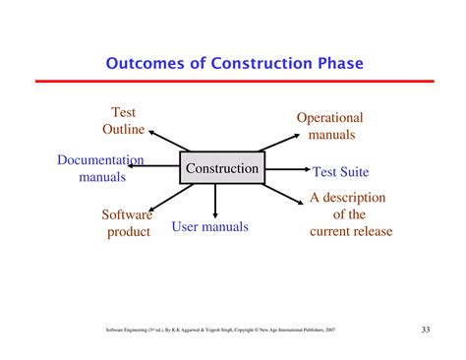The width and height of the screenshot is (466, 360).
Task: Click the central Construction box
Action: pos(222,168)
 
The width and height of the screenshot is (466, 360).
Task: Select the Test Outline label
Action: pos(124,121)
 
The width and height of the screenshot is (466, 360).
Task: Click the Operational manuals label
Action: pos(330,126)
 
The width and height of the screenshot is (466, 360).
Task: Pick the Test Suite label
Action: pos(339,171)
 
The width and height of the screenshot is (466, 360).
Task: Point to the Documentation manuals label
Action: pos(101,168)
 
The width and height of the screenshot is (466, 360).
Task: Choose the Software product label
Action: pos(128,222)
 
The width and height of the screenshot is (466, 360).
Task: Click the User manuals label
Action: pos(210,227)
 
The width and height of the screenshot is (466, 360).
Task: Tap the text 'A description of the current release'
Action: pos(350,214)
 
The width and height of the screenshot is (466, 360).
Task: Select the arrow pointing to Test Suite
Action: pos(287,170)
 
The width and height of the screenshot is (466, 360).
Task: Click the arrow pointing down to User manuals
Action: pos(215,200)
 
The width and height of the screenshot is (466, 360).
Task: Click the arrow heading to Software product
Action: pos(167,198)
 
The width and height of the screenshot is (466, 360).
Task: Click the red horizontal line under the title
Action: pos(233,81)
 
